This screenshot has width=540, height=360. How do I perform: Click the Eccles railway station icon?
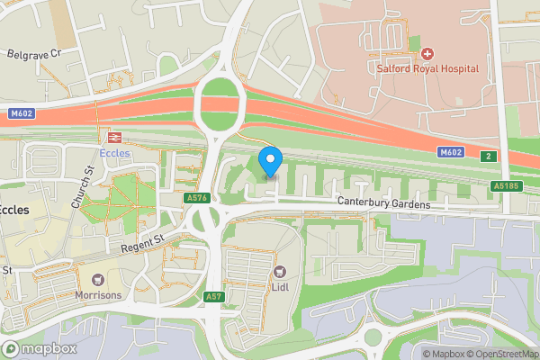114,137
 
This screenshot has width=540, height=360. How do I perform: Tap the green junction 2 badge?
488,155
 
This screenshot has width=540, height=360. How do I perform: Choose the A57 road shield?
212,296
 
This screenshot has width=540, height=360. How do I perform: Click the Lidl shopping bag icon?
280,271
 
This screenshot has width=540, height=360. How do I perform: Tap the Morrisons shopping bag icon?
95,280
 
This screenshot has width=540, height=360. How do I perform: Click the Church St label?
87,184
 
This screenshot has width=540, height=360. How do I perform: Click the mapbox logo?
40,348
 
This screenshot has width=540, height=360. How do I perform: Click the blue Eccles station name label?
114,153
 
